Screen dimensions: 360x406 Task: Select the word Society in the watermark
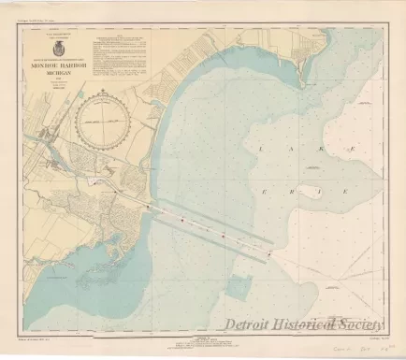tap(369, 324)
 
